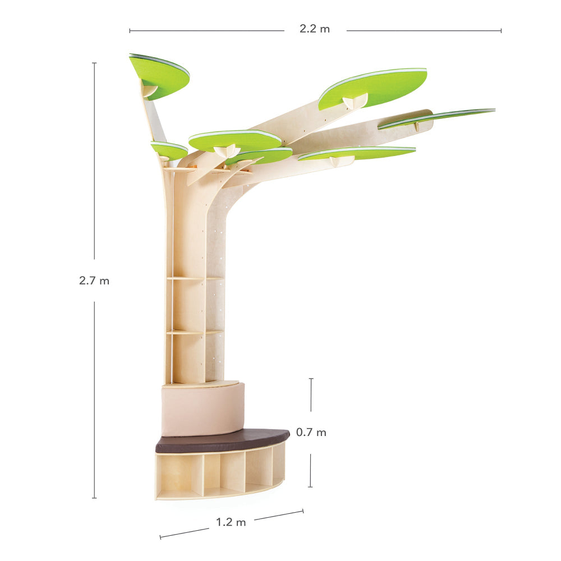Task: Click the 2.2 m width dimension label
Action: [x=315, y=29]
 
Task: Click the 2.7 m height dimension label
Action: [x=94, y=281]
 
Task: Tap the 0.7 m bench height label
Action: [x=311, y=433]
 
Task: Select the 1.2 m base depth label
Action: [x=231, y=522]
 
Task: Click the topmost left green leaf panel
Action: [x=160, y=75]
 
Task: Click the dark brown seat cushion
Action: [x=222, y=440]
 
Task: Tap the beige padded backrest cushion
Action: [x=202, y=410]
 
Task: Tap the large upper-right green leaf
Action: [x=373, y=87]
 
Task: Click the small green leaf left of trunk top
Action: [x=169, y=150]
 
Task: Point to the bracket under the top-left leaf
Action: [x=149, y=90]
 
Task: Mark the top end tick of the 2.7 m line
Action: [x=94, y=63]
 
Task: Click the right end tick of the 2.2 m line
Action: [x=501, y=30]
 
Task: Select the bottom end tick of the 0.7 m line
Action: [x=311, y=486]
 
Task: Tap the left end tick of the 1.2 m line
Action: [x=160, y=537]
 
